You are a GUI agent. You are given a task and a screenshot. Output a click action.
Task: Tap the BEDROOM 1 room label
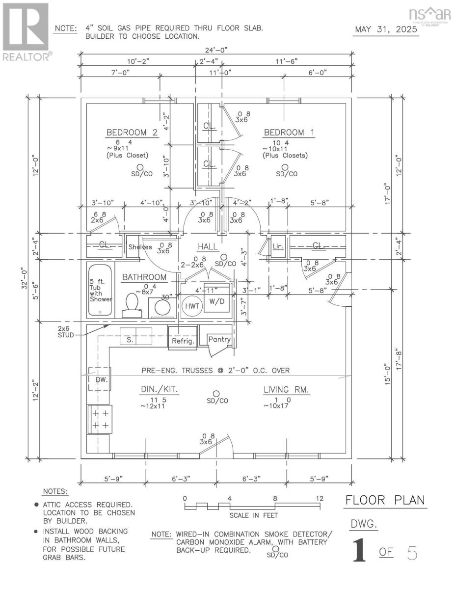pyautogui.click(x=289, y=133)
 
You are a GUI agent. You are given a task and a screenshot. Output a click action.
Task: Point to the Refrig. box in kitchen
pyautogui.click(x=183, y=341)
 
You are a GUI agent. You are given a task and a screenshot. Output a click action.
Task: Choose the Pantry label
pyautogui.click(x=219, y=339)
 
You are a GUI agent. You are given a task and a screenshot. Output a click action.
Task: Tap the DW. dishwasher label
pyautogui.click(x=100, y=379)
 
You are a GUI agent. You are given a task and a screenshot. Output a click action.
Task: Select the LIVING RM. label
pyautogui.click(x=286, y=390)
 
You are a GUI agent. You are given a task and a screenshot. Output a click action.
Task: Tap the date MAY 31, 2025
pyautogui.click(x=386, y=29)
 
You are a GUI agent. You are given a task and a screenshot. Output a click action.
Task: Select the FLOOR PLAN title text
pyautogui.click(x=385, y=501)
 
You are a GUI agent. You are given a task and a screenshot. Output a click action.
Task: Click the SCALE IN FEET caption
pyautogui.click(x=253, y=515)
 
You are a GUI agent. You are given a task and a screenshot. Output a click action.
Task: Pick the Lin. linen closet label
pyautogui.click(x=278, y=245)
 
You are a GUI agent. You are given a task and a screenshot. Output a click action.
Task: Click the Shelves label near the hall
pyautogui.click(x=140, y=247)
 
